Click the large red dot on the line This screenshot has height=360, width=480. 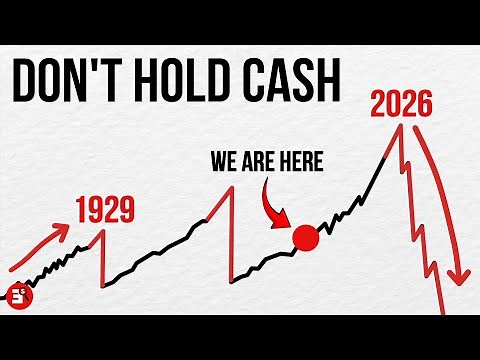point(304,239)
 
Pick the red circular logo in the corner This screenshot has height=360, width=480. point(17,297)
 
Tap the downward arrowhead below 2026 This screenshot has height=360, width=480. point(460,280)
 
